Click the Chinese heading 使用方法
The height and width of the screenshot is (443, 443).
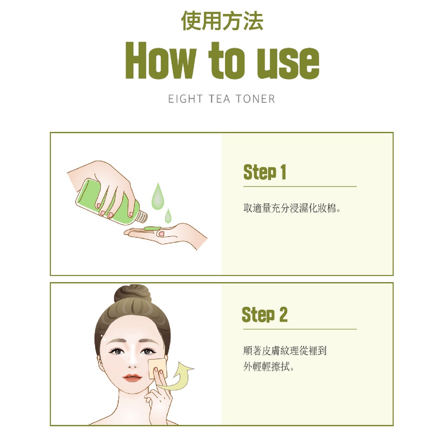pyautogui.click(x=222, y=21)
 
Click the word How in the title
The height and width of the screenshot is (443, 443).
pyautogui.click(x=161, y=60)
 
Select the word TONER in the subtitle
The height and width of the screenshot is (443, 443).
pyautogui.click(x=255, y=99)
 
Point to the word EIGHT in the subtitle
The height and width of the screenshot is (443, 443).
pyautogui.click(x=185, y=99)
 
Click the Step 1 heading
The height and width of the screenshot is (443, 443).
pyautogui.click(x=265, y=172)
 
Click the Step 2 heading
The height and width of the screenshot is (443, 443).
pyautogui.click(x=265, y=315)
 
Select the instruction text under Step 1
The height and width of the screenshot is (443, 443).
pyautogui.click(x=292, y=208)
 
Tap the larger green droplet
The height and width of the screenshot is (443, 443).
pyautogui.click(x=157, y=196)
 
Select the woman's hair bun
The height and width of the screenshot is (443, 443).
pyautogui.click(x=132, y=294)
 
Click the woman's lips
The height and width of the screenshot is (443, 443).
pyautogui.click(x=132, y=377)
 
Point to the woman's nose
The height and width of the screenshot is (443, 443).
pyautogui.click(x=132, y=363)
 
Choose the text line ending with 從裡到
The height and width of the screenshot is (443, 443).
pyautogui.click(x=285, y=350)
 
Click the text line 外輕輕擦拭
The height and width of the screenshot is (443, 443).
pyautogui.click(x=269, y=367)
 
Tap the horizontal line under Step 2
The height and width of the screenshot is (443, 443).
pyautogui.click(x=300, y=329)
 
